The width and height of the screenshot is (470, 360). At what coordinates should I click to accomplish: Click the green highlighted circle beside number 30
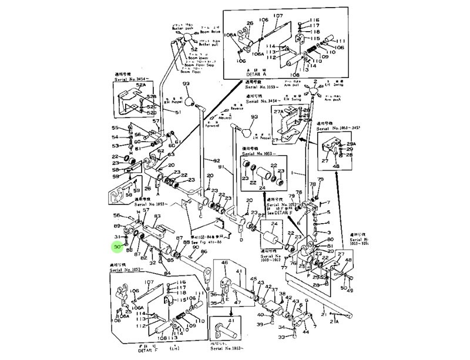(117, 247)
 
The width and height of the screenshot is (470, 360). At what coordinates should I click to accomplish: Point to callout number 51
(179, 112)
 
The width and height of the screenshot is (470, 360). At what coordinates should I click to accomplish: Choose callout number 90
(196, 247)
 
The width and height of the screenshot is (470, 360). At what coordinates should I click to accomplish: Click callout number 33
(281, 337)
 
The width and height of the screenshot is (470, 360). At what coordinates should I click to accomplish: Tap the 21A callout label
(335, 321)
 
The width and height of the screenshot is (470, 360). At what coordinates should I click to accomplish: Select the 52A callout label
(140, 85)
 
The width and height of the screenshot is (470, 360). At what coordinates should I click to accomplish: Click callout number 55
(116, 128)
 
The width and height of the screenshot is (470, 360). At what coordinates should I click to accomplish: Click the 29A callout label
(351, 144)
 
